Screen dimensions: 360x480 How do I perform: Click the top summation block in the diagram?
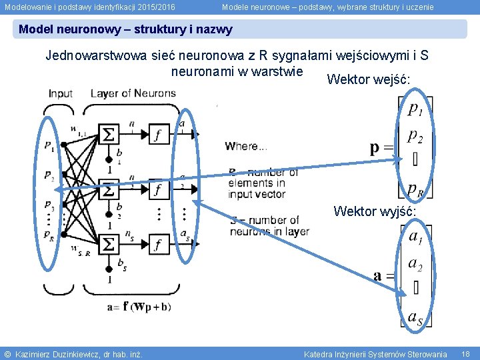[x=109, y=135]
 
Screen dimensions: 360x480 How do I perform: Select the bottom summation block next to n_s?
[x=109, y=246]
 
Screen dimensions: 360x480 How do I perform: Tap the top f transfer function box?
[x=157, y=135]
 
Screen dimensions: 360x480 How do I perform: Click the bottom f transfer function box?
[x=157, y=246]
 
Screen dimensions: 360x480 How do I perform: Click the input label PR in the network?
[x=49, y=235]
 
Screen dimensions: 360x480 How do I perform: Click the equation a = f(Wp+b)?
[x=138, y=307]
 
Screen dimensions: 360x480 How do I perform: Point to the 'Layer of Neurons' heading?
[x=133, y=93]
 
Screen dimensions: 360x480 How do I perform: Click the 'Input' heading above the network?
[x=61, y=93]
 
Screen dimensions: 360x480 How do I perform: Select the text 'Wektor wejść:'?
[x=369, y=80]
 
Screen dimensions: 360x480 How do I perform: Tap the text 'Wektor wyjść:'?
[x=375, y=211]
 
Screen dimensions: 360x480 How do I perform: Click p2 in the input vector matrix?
[x=415, y=135]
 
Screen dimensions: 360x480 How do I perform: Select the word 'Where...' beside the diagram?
[x=246, y=146]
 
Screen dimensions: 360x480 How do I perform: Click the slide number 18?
[x=465, y=354]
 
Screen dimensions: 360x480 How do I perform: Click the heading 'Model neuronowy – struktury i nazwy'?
[x=126, y=29]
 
